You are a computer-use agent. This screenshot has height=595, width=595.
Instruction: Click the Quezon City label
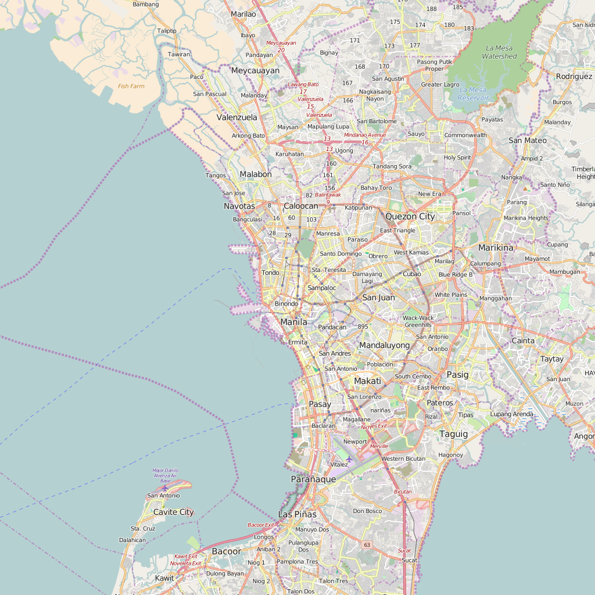point(410,216)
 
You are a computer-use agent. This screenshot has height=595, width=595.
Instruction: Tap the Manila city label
point(293,322)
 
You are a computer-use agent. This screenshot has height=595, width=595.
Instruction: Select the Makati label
point(367,381)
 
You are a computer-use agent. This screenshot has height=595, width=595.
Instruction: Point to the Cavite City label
point(173,512)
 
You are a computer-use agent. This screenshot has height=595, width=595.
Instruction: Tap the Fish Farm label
point(131,86)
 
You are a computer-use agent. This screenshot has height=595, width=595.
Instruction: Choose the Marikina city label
point(496,248)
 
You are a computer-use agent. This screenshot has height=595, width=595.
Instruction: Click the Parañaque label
point(313,479)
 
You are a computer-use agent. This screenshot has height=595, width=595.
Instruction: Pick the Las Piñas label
point(297,514)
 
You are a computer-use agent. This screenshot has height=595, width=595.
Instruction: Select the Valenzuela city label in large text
point(236,117)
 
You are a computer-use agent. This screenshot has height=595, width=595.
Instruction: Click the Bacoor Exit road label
point(260,525)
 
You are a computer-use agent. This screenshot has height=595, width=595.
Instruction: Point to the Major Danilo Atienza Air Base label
point(166,475)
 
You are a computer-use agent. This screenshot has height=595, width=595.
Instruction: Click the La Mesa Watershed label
point(499,52)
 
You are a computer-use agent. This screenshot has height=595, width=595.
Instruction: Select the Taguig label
point(453,434)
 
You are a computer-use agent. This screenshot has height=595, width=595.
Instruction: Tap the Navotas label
point(239,206)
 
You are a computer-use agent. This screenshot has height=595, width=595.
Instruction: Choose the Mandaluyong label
point(384,345)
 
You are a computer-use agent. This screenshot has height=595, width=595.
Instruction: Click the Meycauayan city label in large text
point(255,70)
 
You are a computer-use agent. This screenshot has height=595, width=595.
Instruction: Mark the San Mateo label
point(527,140)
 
